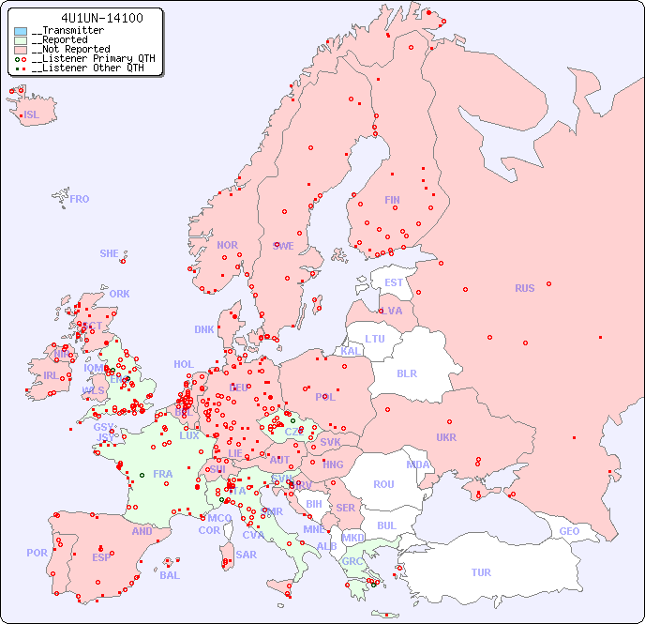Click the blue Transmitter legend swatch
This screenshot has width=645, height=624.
coord(21,31)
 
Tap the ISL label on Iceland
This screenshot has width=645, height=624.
coord(32,115)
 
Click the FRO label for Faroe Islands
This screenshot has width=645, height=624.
coord(80,199)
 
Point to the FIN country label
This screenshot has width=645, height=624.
coord(392,200)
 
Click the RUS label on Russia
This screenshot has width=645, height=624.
coord(524,288)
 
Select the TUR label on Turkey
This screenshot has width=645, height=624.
coord(481,572)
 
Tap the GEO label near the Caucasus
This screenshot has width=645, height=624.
coord(569,531)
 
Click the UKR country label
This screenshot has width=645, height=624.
coord(446,437)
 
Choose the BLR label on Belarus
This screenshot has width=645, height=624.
coord(407,373)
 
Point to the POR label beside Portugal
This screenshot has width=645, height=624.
coord(37,553)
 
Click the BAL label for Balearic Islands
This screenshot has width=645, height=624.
coord(170,575)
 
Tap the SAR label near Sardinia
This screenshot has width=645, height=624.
coord(247,555)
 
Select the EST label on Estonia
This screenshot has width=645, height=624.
coord(394,282)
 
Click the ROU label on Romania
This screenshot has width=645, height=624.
coord(383,484)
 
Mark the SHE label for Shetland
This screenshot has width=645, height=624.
coord(110,253)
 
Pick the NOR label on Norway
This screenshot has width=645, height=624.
coord(227,245)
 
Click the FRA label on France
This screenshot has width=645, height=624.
coord(163,474)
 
